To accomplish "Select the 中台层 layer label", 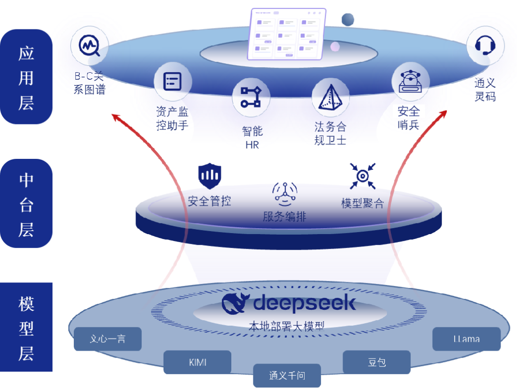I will pyautogui.click(x=26, y=203).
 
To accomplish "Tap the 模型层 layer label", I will pyautogui.click(x=26, y=327).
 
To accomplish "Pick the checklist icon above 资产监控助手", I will pyautogui.click(x=172, y=81).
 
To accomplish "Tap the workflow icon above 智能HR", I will pyautogui.click(x=251, y=97).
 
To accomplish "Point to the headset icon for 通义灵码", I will pyautogui.click(x=485, y=46).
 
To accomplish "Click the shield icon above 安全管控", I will pyautogui.click(x=210, y=175).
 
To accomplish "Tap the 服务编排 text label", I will pyautogui.click(x=284, y=217).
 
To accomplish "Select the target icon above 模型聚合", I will pyautogui.click(x=362, y=175).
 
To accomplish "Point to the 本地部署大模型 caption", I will pyautogui.click(x=287, y=326).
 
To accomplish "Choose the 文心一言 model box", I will pyautogui.click(x=108, y=339).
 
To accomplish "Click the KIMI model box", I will pyautogui.click(x=197, y=362).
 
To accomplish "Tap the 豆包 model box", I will pyautogui.click(x=376, y=362).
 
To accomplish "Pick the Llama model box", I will pyautogui.click(x=466, y=339).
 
